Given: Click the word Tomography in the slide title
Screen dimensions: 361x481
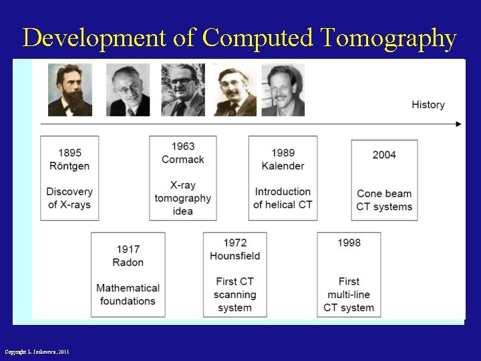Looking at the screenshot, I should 389,38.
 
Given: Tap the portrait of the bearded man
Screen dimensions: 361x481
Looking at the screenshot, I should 69,90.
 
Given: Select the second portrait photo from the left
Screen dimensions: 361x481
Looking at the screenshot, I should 128,90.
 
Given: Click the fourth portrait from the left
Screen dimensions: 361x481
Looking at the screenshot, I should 234,90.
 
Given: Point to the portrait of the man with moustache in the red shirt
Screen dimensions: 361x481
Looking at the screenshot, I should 283,90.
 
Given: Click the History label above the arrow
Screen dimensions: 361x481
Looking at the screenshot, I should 428,104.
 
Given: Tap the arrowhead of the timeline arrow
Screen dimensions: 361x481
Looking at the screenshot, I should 458,124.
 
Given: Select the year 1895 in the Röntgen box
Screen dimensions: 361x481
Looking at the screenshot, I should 69,153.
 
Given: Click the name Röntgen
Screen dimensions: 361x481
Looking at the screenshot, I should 69,166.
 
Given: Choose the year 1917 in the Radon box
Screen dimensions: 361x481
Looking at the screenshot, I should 128,249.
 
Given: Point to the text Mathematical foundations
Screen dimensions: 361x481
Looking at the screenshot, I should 128,294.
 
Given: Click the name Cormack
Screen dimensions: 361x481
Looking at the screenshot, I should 182,159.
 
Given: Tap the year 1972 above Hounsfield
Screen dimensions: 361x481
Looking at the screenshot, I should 234,243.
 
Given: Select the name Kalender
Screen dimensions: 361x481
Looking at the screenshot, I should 283,166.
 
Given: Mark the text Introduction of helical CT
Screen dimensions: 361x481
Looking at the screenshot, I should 283,198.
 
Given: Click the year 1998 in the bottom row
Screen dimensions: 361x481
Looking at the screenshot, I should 349,243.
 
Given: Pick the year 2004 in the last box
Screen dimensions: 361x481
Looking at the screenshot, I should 384,154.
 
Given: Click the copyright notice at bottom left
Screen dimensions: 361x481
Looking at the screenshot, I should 37,352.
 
